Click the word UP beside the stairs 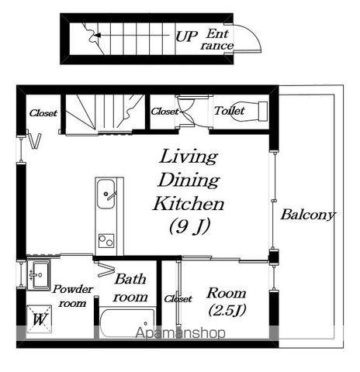coord(186,36)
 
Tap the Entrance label coord(216,40)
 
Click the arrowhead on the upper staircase coord(97,35)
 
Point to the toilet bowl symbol coord(251,111)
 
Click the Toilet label coord(229,111)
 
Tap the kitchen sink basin coord(106,194)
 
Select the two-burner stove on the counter coord(106,241)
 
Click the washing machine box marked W coord(40,319)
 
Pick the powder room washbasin coord(39,274)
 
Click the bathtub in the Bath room coord(127,322)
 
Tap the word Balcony coord(308,215)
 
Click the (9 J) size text coord(189,226)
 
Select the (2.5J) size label coord(227,310)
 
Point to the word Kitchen coord(189,204)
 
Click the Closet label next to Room coord(178,299)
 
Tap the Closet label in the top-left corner coord(43,113)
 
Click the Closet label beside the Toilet coord(164,112)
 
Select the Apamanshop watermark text coord(181,332)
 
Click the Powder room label coord(73,296)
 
